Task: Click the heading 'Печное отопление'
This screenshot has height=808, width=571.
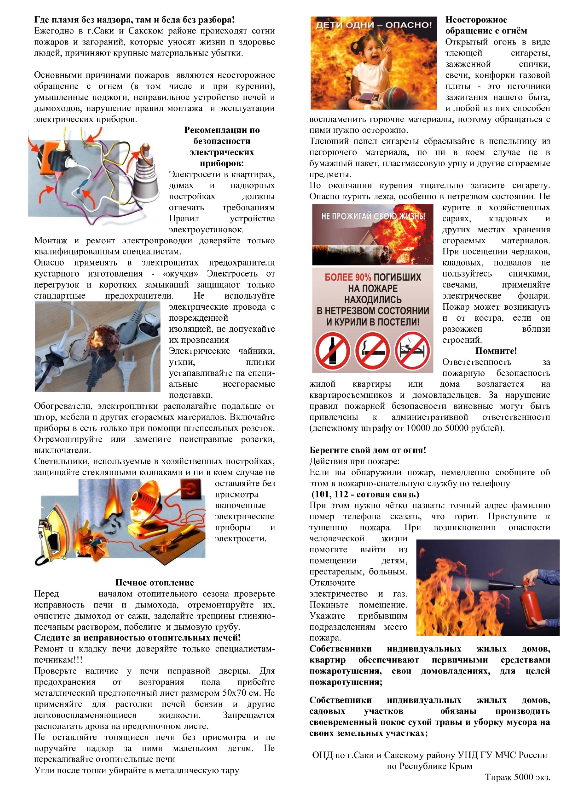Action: click(x=154, y=582)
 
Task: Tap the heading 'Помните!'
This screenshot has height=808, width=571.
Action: click(x=496, y=351)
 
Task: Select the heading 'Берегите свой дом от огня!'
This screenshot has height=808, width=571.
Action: click(x=367, y=450)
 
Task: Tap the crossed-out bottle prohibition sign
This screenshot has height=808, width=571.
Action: click(x=332, y=351)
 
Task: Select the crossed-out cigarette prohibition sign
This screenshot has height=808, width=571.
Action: click(x=372, y=351)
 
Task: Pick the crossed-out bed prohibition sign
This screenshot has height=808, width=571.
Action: click(x=412, y=351)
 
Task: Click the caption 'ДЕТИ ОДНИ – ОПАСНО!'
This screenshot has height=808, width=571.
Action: click(x=373, y=25)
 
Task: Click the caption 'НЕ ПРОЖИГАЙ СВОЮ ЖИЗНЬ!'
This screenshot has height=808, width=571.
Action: click(x=373, y=216)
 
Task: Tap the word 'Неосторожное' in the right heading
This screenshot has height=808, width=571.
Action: click(x=476, y=20)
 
